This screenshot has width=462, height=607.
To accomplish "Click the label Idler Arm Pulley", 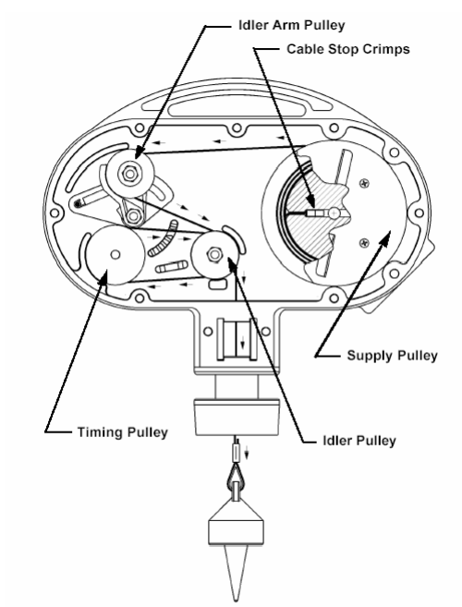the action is click(291, 26).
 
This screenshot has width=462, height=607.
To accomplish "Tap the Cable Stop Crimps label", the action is click(347, 50).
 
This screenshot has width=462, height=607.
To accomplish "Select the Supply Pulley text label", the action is click(392, 356).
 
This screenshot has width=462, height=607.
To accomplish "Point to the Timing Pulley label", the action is click(122, 432).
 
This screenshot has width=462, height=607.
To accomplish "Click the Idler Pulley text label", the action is click(359, 441).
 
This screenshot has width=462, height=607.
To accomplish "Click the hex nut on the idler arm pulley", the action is click(130, 174).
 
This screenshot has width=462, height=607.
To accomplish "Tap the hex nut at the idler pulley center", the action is click(214, 254).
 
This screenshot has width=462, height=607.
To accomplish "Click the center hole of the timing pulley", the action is click(115, 254).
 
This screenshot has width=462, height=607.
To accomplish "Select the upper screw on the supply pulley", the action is click(364, 182).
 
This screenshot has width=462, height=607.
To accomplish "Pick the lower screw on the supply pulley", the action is click(364, 243).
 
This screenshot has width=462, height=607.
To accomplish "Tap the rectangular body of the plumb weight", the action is click(237, 532).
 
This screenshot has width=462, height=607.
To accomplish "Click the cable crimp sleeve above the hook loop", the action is click(236, 453).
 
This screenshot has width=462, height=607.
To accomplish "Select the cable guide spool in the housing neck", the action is click(237, 339).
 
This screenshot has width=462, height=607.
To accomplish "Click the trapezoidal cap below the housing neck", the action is click(237, 418).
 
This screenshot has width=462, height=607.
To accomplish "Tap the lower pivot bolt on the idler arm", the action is click(134, 215).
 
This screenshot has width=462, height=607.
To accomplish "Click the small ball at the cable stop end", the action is click(334, 212).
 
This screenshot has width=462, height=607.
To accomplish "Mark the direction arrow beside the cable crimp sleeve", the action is click(247, 453).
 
